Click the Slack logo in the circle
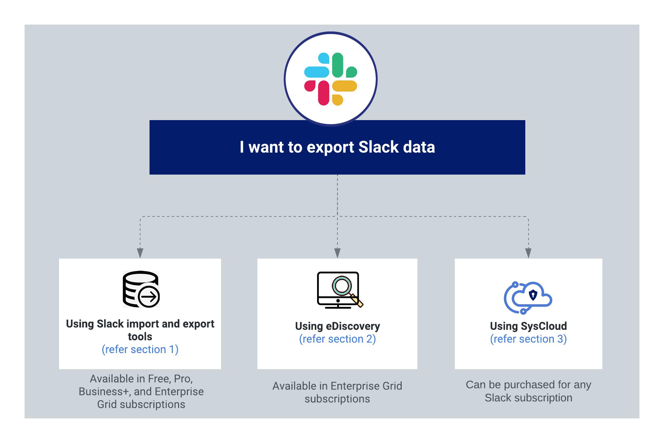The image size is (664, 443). pyautogui.click(x=331, y=79)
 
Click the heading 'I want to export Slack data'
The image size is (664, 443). pyautogui.click(x=337, y=147)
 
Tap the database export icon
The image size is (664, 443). pyautogui.click(x=141, y=289)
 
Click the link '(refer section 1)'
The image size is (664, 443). pyautogui.click(x=140, y=349)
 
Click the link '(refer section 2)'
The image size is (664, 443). pyautogui.click(x=337, y=339)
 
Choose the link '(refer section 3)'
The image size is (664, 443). pyautogui.click(x=528, y=339)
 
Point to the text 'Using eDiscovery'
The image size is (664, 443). pyautogui.click(x=337, y=326)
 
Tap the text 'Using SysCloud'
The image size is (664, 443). pyautogui.click(x=528, y=326)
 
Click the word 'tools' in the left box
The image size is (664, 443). pyautogui.click(x=140, y=337)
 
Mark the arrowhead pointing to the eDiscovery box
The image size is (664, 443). pyautogui.click(x=337, y=253)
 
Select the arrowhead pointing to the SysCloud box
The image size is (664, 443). pyautogui.click(x=528, y=253)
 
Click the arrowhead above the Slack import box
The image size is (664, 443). pyautogui.click(x=140, y=253)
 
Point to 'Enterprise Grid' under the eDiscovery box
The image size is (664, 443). pyautogui.click(x=366, y=386)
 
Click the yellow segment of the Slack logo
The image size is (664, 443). pyautogui.click(x=344, y=86)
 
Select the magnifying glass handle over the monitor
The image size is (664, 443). pyautogui.click(x=357, y=301)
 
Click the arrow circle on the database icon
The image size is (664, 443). pyautogui.click(x=149, y=297)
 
